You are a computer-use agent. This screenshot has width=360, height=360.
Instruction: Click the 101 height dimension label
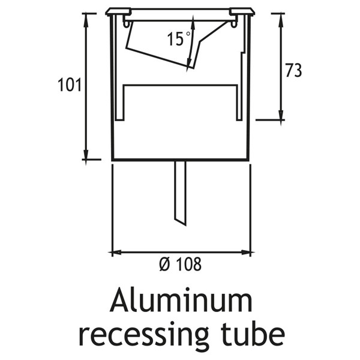coord(70,85)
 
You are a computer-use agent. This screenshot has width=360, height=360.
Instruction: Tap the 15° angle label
coord(179,39)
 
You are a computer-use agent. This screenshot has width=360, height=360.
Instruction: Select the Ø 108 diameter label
coord(181,264)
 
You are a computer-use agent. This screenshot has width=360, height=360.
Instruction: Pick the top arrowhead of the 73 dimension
coord(281,20)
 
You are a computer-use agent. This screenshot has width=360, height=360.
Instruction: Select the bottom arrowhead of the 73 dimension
coord(281,114)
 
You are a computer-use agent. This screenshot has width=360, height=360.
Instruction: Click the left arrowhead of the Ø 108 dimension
coord(118,253)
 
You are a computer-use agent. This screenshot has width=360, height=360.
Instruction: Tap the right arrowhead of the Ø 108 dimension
coord(245,253)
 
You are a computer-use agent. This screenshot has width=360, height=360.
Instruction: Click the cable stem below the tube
coord(181,193)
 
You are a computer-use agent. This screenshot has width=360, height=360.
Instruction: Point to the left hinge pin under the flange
coord(126,24)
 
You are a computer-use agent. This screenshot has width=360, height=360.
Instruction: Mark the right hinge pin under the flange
coord(234,24)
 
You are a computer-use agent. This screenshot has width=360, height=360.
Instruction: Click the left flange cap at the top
coord(118,12)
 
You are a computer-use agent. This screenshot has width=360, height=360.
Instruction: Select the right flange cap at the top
coord(242,12)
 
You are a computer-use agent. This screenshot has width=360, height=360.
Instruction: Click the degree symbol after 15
coord(188,34)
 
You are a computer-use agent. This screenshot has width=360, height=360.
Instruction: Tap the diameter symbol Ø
coord(164,264)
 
